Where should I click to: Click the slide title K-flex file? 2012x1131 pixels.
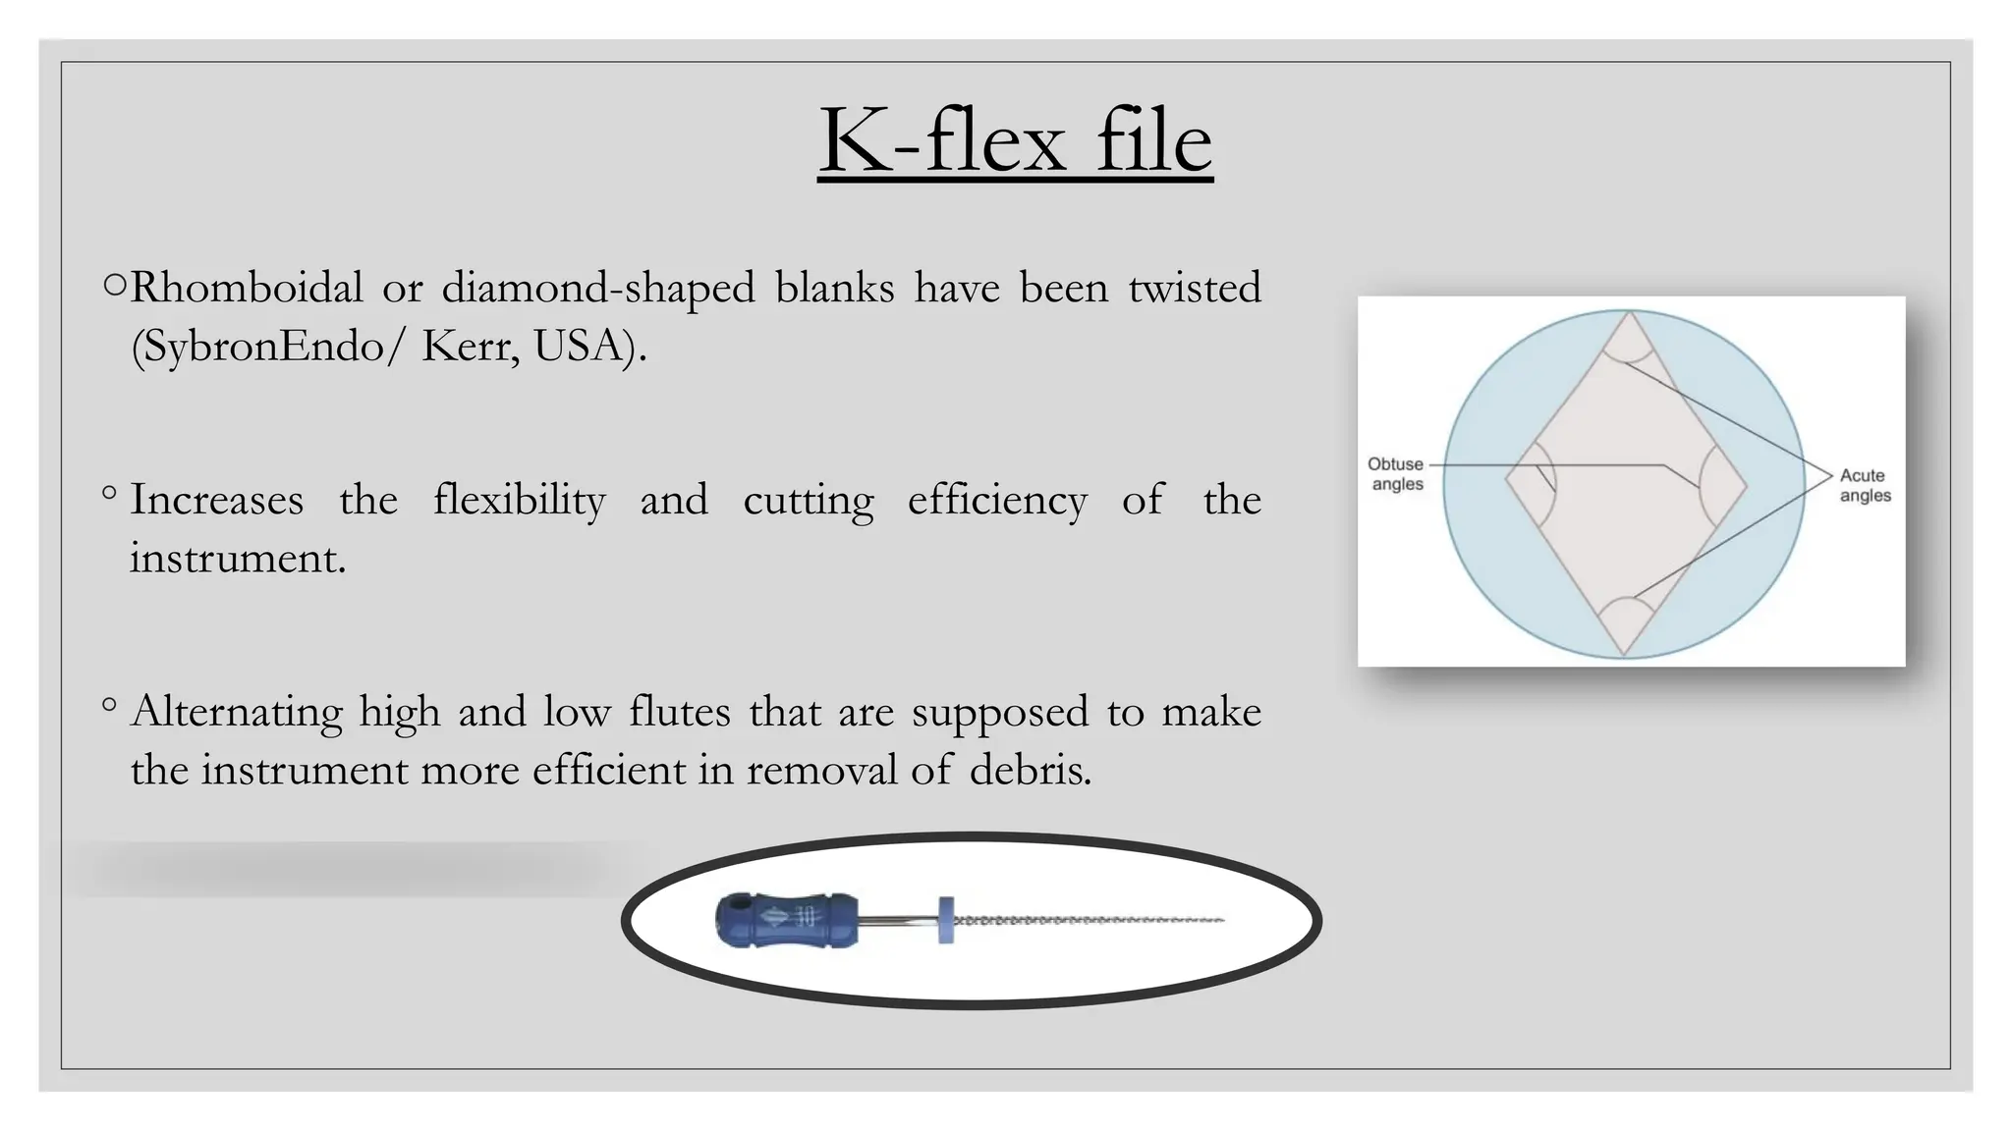pos(1015,141)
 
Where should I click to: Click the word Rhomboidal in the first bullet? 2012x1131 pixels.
pos(247,288)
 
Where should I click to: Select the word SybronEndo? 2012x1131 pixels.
pos(262,346)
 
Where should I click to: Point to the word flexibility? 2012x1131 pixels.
pos(519,500)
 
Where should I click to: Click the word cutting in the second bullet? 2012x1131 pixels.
pos(808,500)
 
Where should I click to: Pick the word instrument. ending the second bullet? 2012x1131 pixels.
pos(238,558)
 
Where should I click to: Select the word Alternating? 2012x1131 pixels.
pos(236,712)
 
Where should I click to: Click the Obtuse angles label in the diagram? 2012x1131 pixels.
pos(1396,474)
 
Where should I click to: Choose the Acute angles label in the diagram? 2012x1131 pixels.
pos(1864,485)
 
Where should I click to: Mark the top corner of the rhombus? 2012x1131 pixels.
pos(1628,314)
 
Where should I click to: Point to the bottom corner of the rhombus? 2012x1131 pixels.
pos(1624,653)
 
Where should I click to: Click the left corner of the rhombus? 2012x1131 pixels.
pos(1507,479)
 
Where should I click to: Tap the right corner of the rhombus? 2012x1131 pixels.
pos(1746,484)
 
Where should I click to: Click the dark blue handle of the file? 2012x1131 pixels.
pos(786,920)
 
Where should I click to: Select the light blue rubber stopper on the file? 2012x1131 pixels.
pos(945,920)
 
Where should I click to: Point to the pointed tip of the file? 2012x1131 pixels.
pos(1222,920)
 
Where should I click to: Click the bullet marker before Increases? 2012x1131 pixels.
pos(109,493)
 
